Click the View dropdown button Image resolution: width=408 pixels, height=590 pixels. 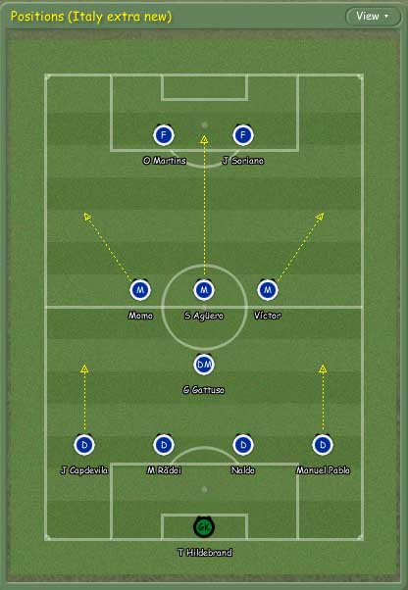point(373,17)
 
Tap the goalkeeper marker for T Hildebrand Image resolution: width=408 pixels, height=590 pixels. point(204,527)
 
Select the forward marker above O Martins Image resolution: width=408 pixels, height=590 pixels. point(164,135)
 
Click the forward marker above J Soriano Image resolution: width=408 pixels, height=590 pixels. point(243,135)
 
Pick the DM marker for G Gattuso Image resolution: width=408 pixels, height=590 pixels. point(204,365)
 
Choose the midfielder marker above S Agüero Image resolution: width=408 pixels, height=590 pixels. point(204,290)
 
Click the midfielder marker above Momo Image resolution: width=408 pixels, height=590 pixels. point(140,290)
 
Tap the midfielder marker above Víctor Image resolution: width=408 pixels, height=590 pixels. point(268,290)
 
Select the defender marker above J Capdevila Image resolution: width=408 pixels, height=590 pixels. point(84,445)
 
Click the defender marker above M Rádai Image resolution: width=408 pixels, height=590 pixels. point(164,445)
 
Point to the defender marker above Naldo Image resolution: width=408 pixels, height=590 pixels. point(243,445)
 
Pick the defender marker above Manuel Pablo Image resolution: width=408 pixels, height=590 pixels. point(323,445)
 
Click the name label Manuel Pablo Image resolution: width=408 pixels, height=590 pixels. point(323,470)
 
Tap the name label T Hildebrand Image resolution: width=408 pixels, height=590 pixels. point(205,553)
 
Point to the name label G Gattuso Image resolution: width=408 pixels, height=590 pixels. point(204,390)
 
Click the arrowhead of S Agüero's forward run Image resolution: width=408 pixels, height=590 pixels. point(204,140)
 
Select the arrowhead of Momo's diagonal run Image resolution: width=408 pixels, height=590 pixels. point(87,217)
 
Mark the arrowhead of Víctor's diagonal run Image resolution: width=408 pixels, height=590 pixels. point(320,217)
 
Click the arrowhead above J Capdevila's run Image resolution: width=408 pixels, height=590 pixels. point(84,369)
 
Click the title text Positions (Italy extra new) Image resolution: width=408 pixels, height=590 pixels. point(91,17)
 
